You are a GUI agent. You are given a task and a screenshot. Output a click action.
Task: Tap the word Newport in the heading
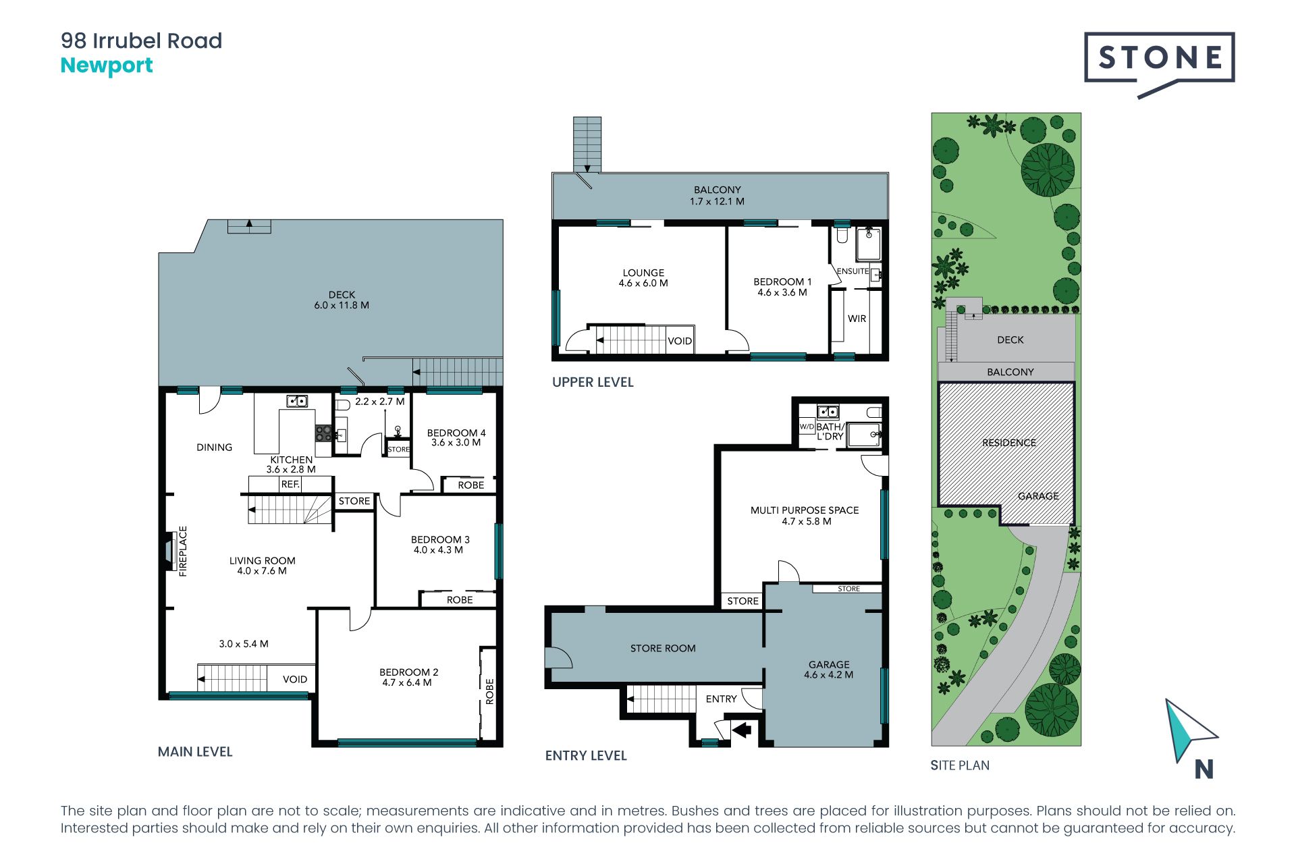107,66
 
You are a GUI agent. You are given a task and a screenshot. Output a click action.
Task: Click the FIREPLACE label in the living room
182,551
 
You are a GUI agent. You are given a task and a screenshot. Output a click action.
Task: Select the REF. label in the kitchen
290,484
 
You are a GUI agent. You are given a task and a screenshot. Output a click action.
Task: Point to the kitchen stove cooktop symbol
323,433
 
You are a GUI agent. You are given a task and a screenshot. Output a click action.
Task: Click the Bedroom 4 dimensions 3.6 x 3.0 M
456,443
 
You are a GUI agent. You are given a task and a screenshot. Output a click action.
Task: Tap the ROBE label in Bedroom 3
460,600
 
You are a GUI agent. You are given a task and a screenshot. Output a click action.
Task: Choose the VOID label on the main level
295,679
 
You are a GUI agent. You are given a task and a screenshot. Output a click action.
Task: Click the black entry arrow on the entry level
742,729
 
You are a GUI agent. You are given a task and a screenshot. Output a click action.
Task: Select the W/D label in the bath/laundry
807,427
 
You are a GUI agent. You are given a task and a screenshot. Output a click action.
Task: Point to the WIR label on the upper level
857,319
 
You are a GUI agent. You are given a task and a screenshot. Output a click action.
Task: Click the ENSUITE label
853,271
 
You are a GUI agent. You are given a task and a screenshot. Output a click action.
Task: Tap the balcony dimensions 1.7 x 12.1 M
717,201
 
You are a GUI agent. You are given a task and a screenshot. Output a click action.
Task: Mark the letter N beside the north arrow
1204,769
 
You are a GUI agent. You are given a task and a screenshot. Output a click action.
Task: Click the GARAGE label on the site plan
1038,496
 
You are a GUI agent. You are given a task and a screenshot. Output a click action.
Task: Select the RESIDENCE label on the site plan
1009,443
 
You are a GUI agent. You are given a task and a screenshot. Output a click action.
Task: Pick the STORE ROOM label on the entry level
663,649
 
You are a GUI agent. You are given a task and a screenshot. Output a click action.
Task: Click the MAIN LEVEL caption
195,752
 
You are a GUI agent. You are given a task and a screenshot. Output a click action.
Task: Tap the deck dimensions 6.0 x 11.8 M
342,305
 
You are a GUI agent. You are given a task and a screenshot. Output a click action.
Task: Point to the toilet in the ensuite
842,234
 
